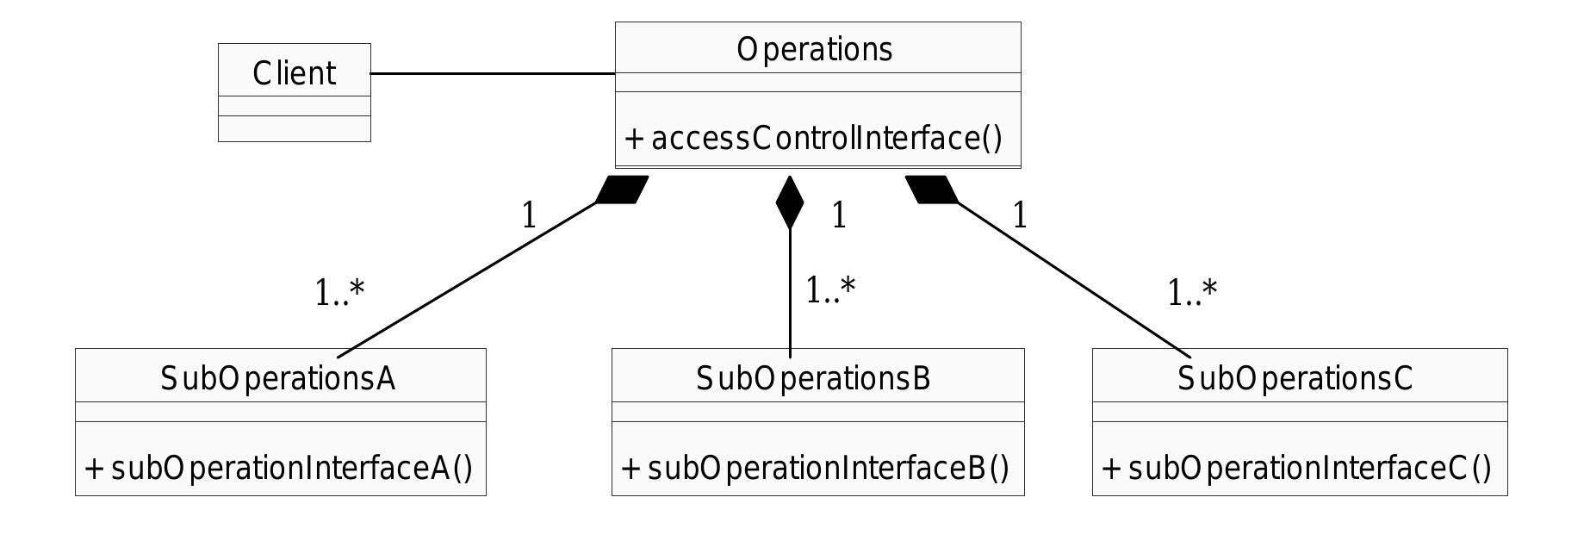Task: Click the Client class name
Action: (x=294, y=73)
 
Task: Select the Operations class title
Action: (x=815, y=50)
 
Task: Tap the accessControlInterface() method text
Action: (x=814, y=138)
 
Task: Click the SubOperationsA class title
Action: (x=278, y=378)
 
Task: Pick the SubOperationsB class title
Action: (x=814, y=378)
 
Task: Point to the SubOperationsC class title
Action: (x=1295, y=378)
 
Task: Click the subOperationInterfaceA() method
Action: (x=279, y=468)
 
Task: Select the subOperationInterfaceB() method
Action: (x=815, y=468)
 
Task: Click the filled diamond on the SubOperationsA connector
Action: (x=622, y=190)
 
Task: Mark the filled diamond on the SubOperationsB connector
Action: (x=790, y=202)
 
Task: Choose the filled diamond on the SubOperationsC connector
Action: (x=932, y=190)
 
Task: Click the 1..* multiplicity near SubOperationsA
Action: (x=339, y=294)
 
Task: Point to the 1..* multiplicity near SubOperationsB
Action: (x=830, y=290)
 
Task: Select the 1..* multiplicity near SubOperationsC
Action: (x=1192, y=294)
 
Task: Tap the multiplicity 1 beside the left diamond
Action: (x=529, y=215)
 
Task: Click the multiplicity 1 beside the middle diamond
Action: (x=839, y=215)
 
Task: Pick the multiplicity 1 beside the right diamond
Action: (x=1020, y=215)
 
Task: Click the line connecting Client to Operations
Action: (x=493, y=74)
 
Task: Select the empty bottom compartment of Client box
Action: (x=294, y=128)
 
